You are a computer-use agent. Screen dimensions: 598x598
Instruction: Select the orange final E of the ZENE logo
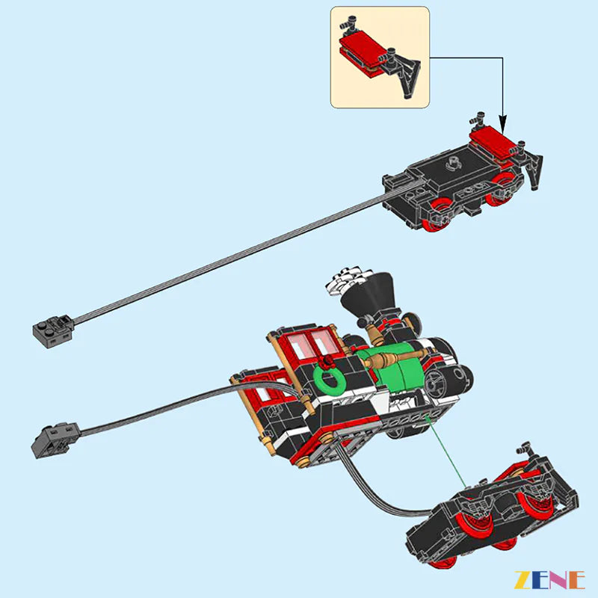[575, 579]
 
